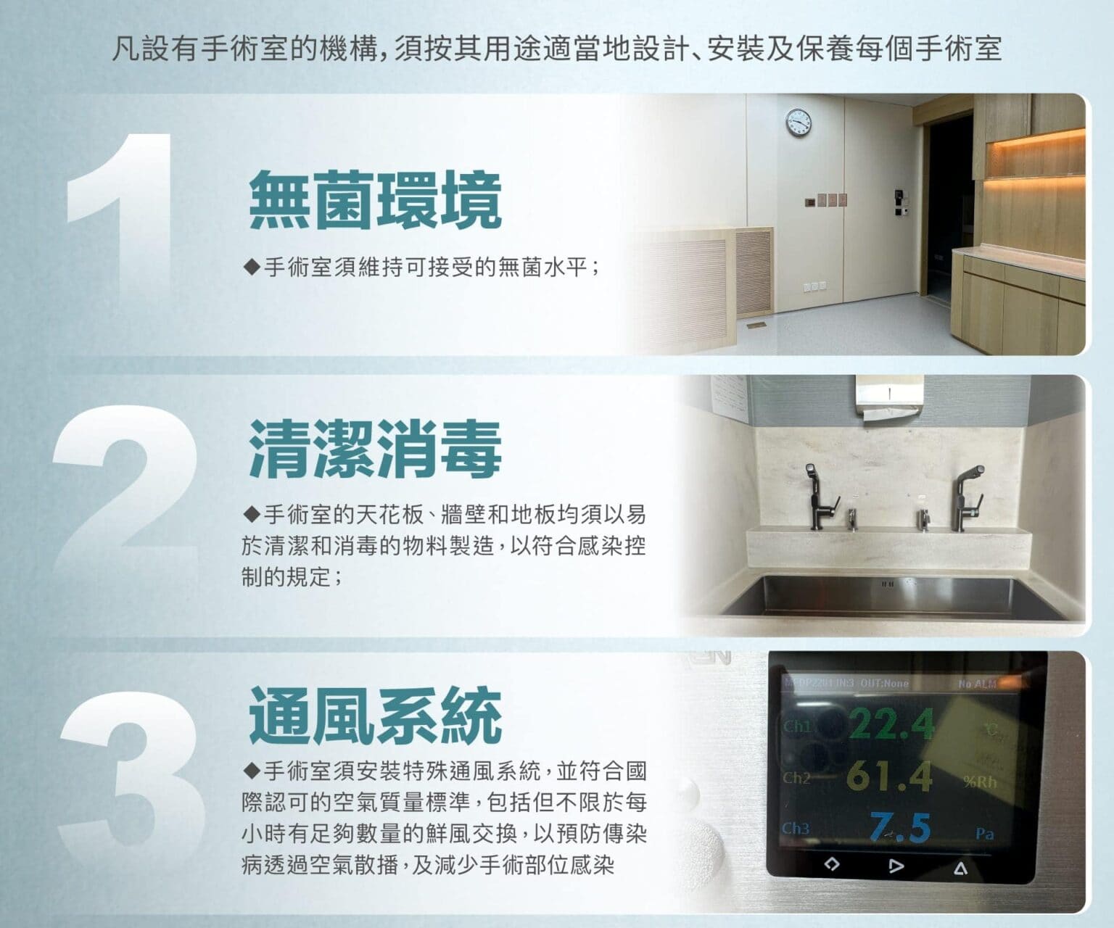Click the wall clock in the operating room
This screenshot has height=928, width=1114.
click(x=799, y=122)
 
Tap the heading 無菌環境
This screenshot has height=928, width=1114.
click(x=375, y=200)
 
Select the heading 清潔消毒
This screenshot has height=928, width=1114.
click(x=375, y=449)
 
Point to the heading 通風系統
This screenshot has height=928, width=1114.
click(x=375, y=715)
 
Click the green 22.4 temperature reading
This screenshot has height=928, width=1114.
click(x=892, y=724)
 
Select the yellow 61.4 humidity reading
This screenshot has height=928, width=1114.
click(x=890, y=776)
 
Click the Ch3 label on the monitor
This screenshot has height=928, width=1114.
click(x=796, y=828)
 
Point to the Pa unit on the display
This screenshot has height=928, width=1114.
click(x=984, y=834)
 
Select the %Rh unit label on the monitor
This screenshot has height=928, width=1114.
click(x=981, y=782)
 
